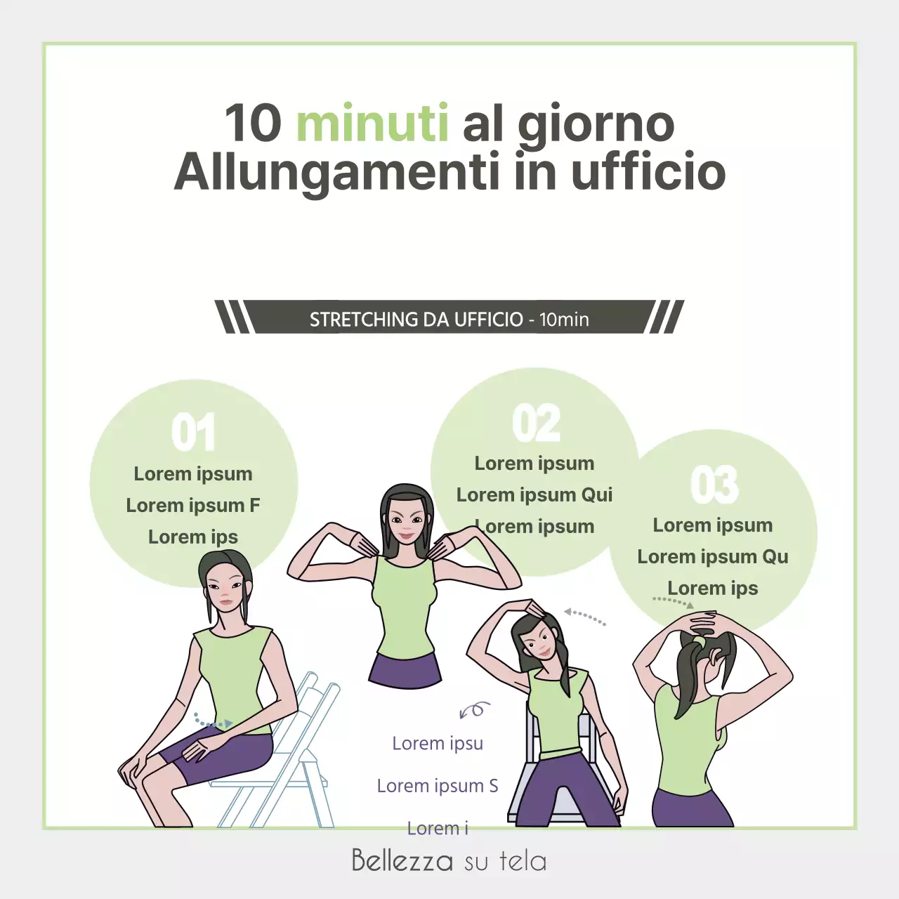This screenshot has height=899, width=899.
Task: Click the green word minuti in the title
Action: tap(372, 124)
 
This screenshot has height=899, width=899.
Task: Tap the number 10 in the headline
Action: tap(253, 124)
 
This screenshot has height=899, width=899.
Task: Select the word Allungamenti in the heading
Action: tap(336, 173)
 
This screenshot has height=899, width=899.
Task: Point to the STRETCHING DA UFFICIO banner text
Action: tap(449, 320)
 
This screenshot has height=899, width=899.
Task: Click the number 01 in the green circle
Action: tap(193, 433)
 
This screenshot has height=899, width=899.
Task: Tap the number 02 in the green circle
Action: tap(536, 424)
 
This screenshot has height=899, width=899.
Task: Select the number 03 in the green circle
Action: tap(714, 485)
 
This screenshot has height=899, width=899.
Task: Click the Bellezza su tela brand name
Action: tap(449, 860)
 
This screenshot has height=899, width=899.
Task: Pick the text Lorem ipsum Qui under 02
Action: tap(534, 495)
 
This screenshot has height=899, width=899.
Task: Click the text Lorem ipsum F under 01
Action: tap(193, 506)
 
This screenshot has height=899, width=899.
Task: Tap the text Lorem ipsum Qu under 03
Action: tap(712, 557)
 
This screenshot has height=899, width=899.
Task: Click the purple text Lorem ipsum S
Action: tap(438, 786)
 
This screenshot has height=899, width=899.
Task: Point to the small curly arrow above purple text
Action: tap(474, 710)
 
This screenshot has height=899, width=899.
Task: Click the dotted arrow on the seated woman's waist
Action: tap(213, 721)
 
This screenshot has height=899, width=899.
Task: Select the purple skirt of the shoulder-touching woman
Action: tap(405, 670)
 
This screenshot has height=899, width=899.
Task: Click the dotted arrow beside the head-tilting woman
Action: tap(584, 617)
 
